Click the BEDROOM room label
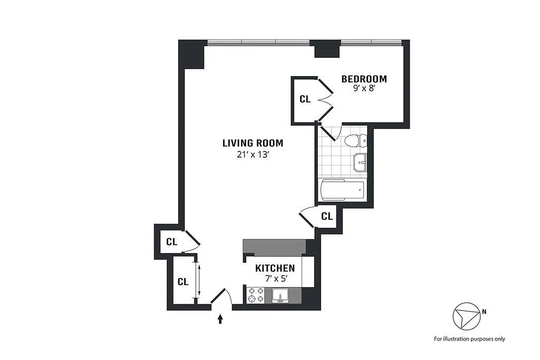[364, 79]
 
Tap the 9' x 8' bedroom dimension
[364, 89]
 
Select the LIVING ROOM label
[253, 144]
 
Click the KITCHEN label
[275, 268]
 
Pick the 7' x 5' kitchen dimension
[275, 279]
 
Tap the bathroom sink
[361, 162]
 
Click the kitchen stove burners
[256, 295]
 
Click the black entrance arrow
[220, 319]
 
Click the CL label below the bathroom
[327, 216]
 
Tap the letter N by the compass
[484, 311]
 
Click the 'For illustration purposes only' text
[469, 339]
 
